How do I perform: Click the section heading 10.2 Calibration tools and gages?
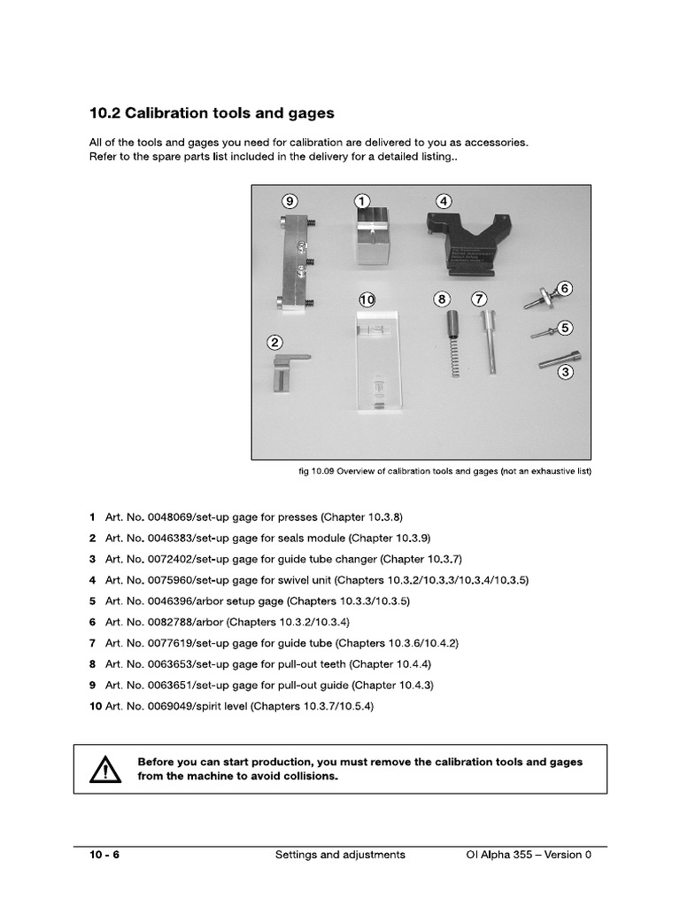tap(212, 113)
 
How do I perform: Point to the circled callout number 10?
tap(367, 300)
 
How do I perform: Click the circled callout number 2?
tap(275, 342)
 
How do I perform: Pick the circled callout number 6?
tap(564, 288)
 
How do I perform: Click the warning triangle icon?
tap(104, 770)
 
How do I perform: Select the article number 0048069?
tap(158, 516)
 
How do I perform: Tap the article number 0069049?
tap(158, 706)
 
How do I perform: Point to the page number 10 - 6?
tap(104, 855)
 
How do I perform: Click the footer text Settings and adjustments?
tap(340, 855)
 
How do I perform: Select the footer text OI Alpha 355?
tap(499, 855)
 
